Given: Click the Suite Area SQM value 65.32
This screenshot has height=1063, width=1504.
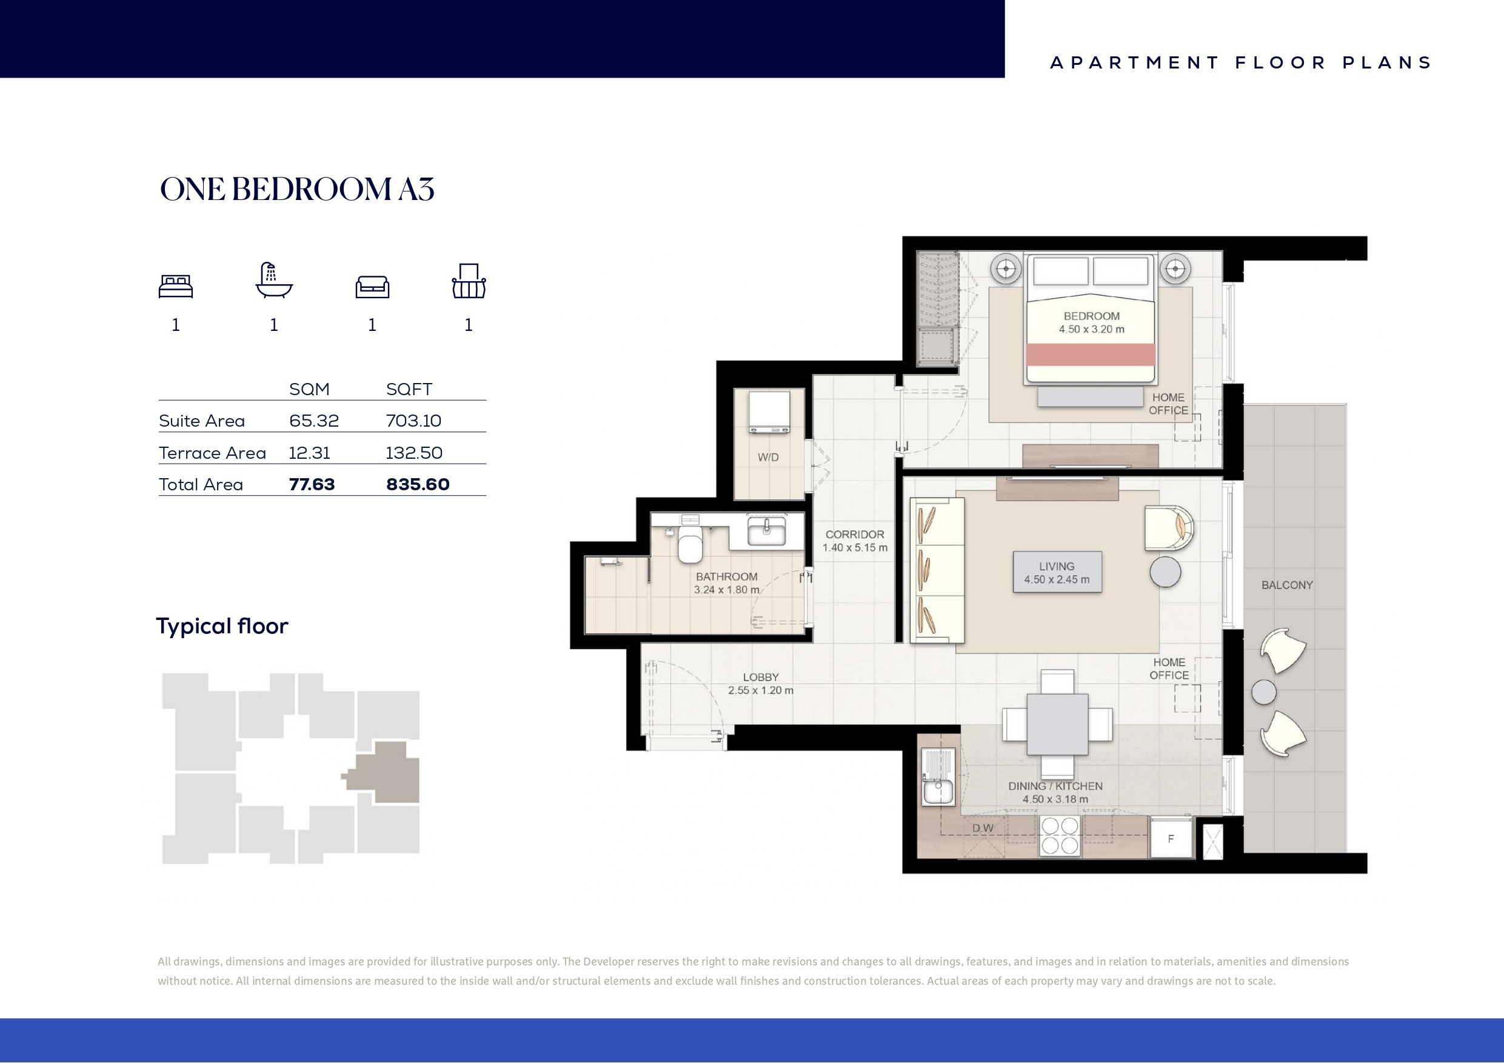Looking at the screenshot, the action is click(314, 421).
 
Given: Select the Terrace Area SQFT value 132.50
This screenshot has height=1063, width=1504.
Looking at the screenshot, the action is click(414, 453).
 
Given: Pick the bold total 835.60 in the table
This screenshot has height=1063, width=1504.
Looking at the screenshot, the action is click(418, 485).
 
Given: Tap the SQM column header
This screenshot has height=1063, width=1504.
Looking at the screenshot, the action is click(309, 389).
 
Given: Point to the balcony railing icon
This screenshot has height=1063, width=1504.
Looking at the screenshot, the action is click(469, 281).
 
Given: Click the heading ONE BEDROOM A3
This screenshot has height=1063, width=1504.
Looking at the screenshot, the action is click(297, 189).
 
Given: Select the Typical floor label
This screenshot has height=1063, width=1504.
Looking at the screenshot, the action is click(222, 626).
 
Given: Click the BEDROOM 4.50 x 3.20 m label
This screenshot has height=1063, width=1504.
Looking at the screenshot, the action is click(1091, 323).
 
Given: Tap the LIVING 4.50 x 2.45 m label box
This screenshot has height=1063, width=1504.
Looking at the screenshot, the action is click(1057, 573).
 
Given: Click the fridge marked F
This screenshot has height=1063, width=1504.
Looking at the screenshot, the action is click(1171, 838).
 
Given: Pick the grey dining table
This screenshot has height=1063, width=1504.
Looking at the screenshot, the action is click(1057, 724).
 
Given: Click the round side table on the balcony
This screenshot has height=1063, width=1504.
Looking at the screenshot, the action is click(1263, 692).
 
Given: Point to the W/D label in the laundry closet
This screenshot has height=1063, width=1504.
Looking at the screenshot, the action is click(769, 457).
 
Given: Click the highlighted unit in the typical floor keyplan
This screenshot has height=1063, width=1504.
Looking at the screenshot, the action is click(383, 773).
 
